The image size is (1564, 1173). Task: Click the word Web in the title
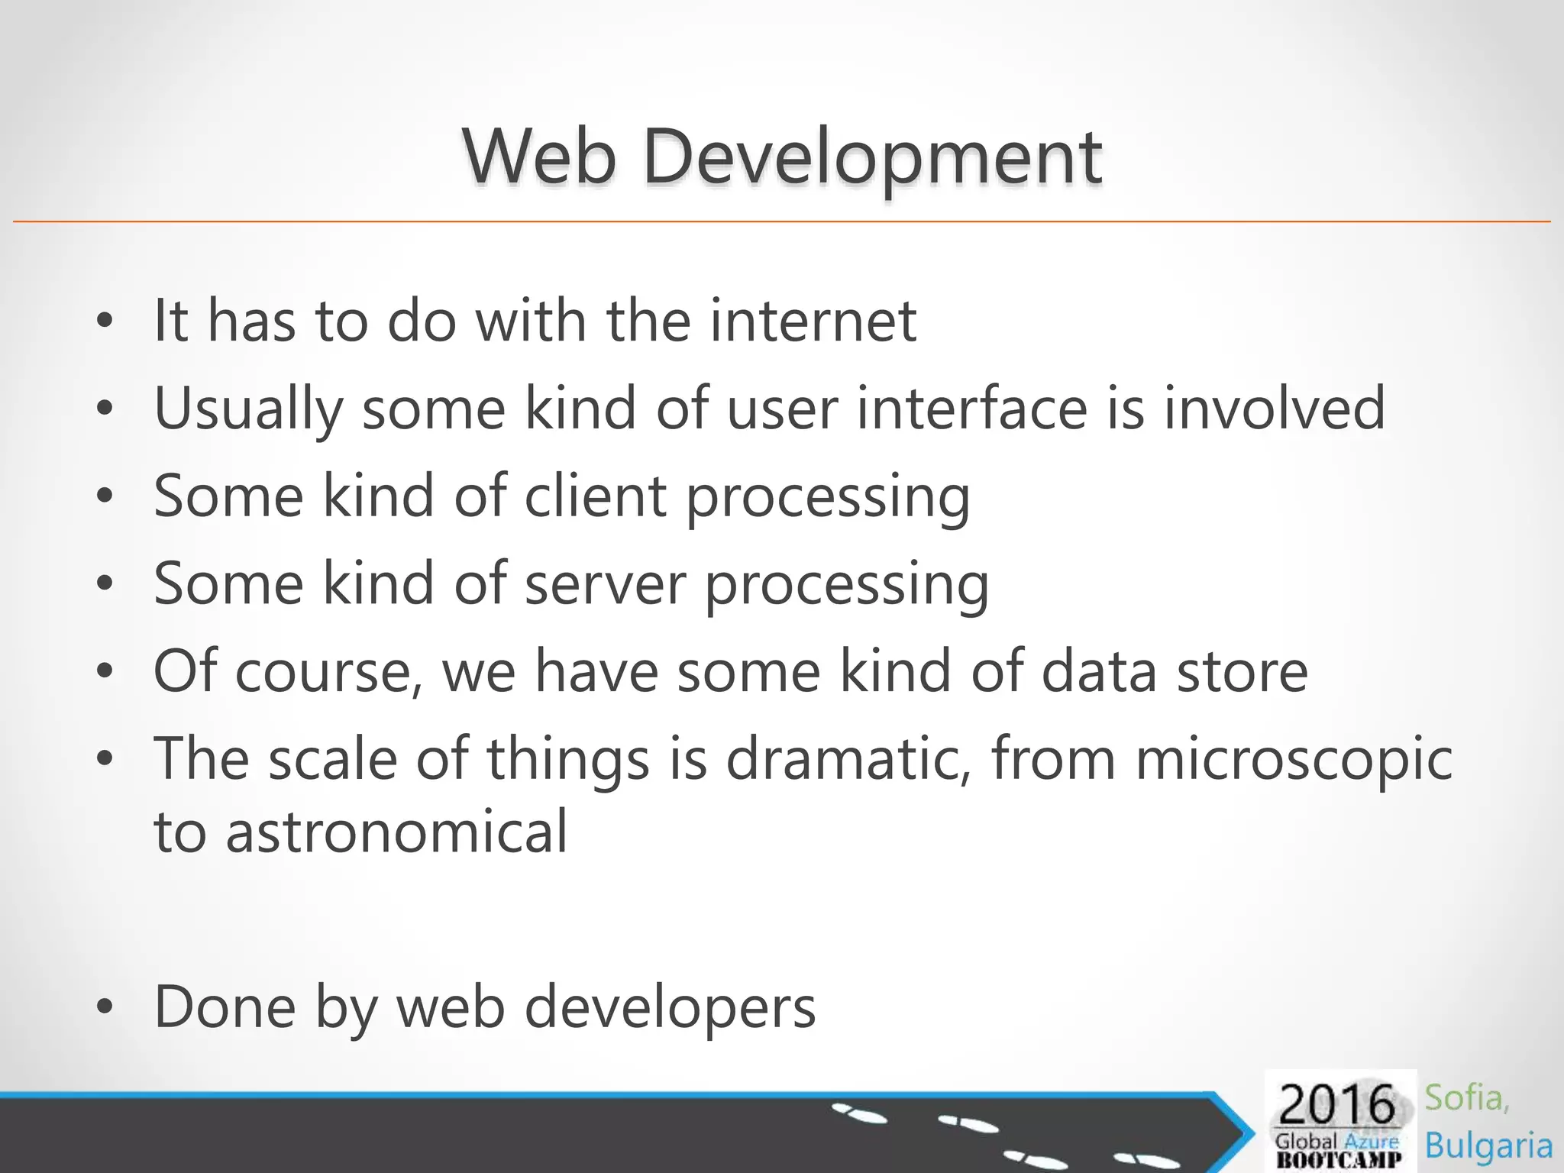539,157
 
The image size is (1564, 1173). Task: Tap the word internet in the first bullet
813,321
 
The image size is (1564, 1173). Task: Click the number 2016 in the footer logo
1336,1104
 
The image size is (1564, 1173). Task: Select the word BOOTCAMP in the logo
1339,1159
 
